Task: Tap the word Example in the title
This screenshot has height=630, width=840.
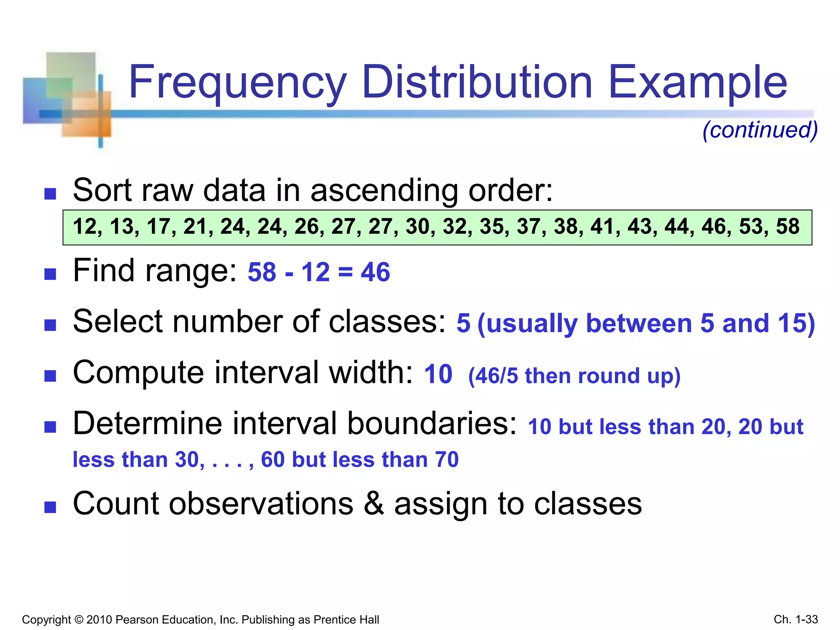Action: (697, 83)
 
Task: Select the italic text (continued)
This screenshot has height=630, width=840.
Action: (760, 130)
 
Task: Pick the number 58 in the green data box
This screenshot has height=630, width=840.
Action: (787, 226)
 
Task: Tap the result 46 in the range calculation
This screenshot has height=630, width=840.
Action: (375, 272)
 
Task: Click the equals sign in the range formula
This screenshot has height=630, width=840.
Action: (345, 273)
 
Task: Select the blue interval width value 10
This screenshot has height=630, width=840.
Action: (438, 374)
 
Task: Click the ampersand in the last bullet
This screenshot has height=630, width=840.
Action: (374, 504)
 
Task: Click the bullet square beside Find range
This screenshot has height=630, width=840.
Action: (50, 274)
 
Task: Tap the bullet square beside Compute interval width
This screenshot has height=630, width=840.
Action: (50, 376)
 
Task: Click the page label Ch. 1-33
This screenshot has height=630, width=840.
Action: (796, 619)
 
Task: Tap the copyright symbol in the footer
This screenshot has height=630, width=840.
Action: (79, 619)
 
